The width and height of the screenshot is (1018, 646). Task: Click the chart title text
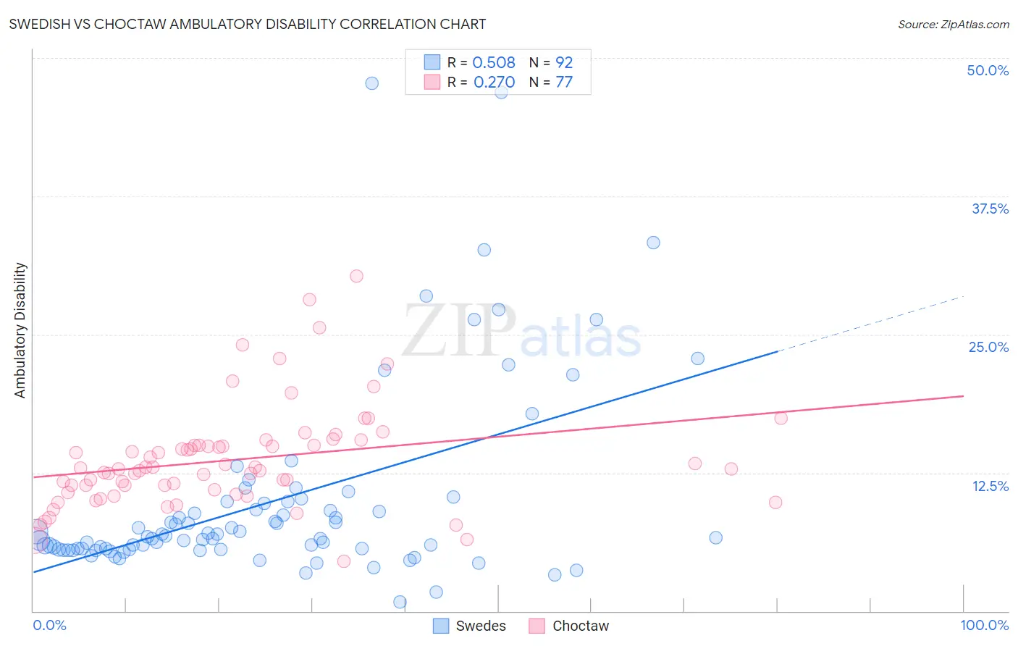(x=247, y=24)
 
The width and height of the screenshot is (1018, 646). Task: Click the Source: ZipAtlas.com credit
(x=953, y=24)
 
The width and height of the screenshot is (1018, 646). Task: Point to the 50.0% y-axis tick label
(x=988, y=70)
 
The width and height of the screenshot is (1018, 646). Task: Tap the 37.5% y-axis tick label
(x=990, y=209)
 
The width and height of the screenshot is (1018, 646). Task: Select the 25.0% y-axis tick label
(x=988, y=347)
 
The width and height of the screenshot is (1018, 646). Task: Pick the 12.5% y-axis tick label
(x=990, y=486)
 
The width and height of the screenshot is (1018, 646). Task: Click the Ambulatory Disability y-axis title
(x=20, y=330)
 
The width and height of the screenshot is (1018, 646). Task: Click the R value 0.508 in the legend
(x=494, y=63)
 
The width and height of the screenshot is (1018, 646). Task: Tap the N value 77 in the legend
(x=564, y=83)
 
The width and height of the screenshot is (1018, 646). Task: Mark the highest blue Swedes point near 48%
(x=371, y=83)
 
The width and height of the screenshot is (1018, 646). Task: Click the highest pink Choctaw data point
(x=356, y=276)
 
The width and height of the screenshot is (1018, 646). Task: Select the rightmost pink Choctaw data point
(x=781, y=418)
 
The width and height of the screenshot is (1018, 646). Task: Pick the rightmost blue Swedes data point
(x=715, y=537)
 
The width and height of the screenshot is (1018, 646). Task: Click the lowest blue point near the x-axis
(x=400, y=602)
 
